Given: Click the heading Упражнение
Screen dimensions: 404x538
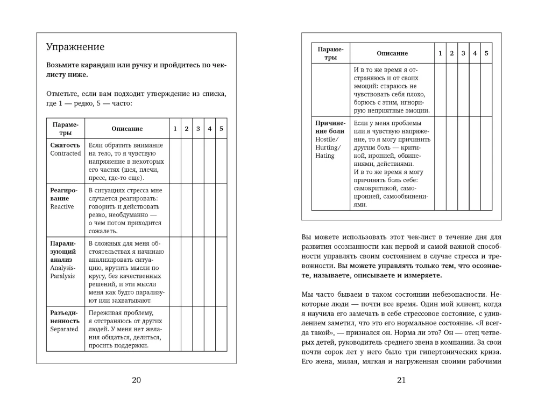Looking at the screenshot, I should (75, 47).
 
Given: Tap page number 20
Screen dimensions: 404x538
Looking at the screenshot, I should (136, 380).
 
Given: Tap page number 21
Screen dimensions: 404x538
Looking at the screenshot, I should (401, 380).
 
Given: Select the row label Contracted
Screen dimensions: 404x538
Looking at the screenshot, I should (66, 154).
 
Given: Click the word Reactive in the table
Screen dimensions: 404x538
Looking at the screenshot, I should (62, 207).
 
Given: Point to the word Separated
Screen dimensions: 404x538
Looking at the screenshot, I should (65, 329).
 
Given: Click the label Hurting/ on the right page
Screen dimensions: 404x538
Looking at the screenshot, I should (328, 148).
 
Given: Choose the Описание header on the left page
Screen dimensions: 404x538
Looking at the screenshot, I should (127, 129).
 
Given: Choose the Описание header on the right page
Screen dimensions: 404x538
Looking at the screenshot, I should (392, 53).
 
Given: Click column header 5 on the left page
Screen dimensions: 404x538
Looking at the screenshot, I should (221, 129).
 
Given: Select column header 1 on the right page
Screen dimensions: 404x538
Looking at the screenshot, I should (440, 53).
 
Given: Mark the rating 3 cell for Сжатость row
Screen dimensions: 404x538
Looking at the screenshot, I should (198, 162).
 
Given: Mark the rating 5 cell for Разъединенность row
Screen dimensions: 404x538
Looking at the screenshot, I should (221, 329).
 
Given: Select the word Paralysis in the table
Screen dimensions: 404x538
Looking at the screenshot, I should (63, 276).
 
